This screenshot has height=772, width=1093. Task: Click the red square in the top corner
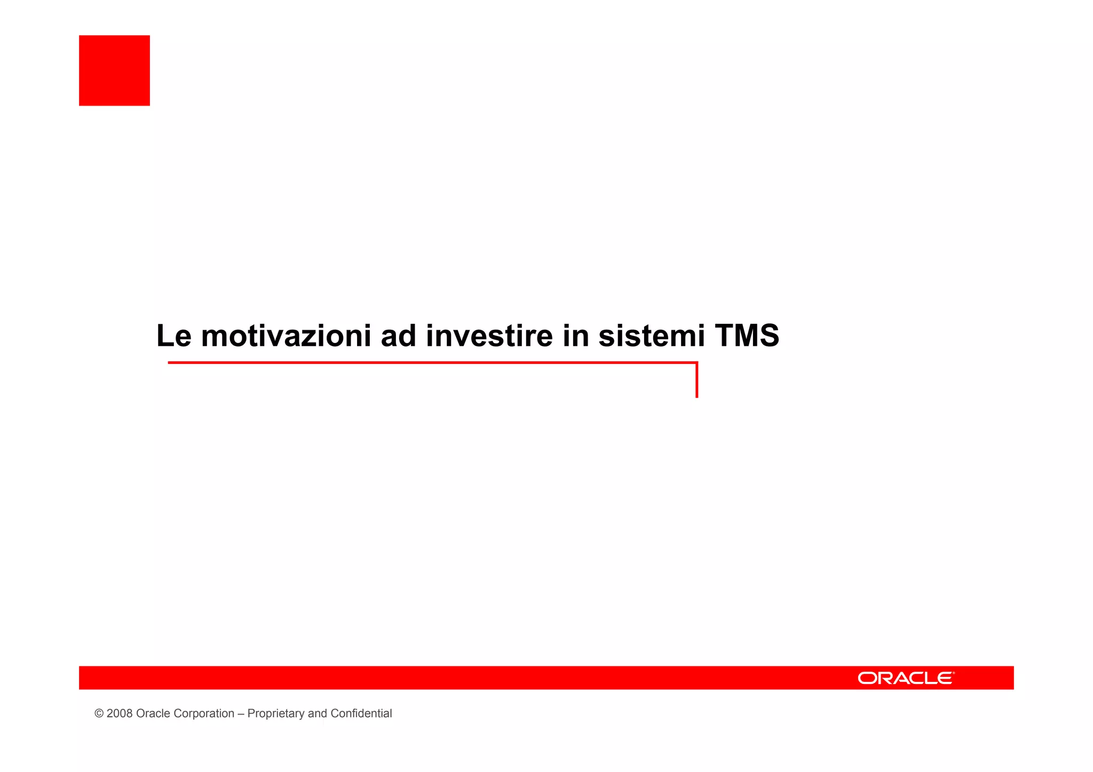(114, 70)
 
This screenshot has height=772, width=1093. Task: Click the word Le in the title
(173, 336)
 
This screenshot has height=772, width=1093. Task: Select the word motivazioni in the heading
(286, 336)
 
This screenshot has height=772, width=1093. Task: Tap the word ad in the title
(398, 336)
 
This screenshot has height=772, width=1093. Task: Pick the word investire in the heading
(489, 336)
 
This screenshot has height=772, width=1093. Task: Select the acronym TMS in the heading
(747, 336)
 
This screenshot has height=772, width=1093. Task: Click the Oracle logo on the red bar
(905, 678)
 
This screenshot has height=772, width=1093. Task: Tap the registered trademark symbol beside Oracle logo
(953, 673)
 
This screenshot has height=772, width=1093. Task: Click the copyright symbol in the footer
(99, 714)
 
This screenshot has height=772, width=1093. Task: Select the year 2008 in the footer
(120, 714)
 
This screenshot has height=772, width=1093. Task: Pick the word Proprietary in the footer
(276, 714)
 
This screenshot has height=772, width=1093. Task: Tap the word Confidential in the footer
(361, 714)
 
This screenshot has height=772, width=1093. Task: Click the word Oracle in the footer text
(151, 714)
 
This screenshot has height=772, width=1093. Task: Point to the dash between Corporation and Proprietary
(241, 714)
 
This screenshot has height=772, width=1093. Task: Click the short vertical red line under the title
(696, 381)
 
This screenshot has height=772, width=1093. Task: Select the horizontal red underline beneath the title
(427, 363)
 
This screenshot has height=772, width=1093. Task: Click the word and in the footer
(318, 714)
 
